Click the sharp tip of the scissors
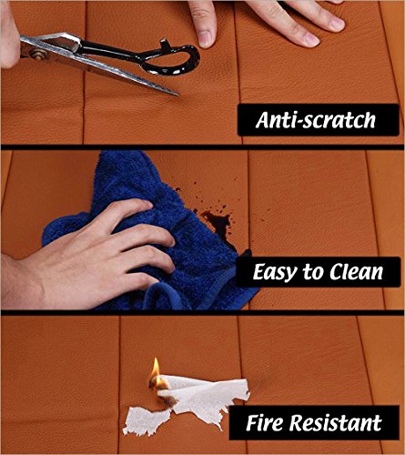click(x=178, y=95)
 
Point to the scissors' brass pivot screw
click(x=35, y=55)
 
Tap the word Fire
click(x=264, y=422)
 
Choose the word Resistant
click(x=335, y=422)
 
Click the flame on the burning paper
click(x=156, y=369)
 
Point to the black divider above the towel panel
click(x=202, y=147)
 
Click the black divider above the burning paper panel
click(x=202, y=313)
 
